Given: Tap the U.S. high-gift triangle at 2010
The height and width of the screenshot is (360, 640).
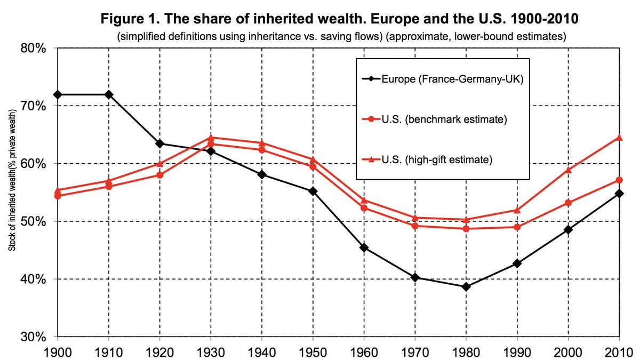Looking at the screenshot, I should [x=619, y=138].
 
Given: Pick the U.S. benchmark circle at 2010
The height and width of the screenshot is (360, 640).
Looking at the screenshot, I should [x=619, y=180].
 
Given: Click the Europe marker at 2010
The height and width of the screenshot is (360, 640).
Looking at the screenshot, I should [x=619, y=193].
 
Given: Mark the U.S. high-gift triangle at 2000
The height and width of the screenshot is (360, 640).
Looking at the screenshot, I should [x=568, y=170].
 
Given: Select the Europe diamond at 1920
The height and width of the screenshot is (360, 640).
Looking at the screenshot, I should [x=160, y=143].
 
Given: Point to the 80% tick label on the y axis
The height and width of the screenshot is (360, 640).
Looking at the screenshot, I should [x=35, y=48].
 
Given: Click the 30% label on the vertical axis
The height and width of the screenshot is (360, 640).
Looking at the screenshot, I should [x=35, y=337].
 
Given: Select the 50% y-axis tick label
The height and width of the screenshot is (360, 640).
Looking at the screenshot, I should [x=35, y=221].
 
